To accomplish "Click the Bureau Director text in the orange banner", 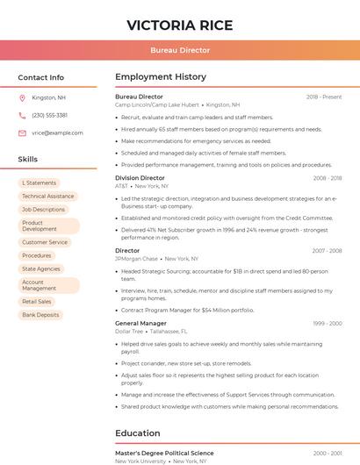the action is click(180, 51).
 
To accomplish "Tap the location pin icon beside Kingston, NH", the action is click(22, 97).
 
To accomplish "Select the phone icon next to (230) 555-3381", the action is click(22, 115).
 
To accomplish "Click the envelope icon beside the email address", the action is click(22, 132).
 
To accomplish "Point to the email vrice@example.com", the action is click(57, 132).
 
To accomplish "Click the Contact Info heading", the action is click(41, 77).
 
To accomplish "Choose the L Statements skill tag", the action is click(39, 183).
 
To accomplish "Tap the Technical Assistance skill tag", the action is click(47, 197).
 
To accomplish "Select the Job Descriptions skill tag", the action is click(43, 210).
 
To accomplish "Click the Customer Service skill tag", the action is click(45, 242).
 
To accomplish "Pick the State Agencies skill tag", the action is click(41, 268).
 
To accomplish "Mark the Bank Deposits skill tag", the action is click(40, 314).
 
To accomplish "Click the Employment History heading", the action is click(161, 77).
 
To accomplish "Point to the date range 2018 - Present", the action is click(324, 97).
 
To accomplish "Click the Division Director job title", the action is click(140, 178).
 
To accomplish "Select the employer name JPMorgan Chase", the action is click(136, 259).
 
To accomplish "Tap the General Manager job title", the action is click(140, 323).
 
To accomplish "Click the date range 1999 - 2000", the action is click(327, 324).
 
